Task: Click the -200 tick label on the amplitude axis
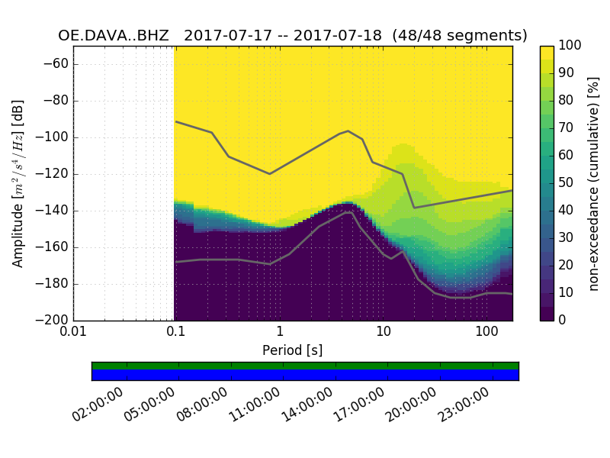tap(56, 321)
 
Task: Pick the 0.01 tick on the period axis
tap(73, 331)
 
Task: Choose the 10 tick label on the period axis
tap(383, 331)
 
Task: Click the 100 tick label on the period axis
tap(486, 331)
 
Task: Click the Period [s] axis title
tap(293, 350)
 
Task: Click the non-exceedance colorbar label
tap(594, 183)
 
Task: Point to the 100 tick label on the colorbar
tap(570, 46)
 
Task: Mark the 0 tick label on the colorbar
tap(563, 321)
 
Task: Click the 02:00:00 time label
tap(98, 404)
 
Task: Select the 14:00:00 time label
tap(307, 404)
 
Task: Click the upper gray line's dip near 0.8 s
tap(269, 173)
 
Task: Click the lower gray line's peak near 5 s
tap(348, 213)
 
